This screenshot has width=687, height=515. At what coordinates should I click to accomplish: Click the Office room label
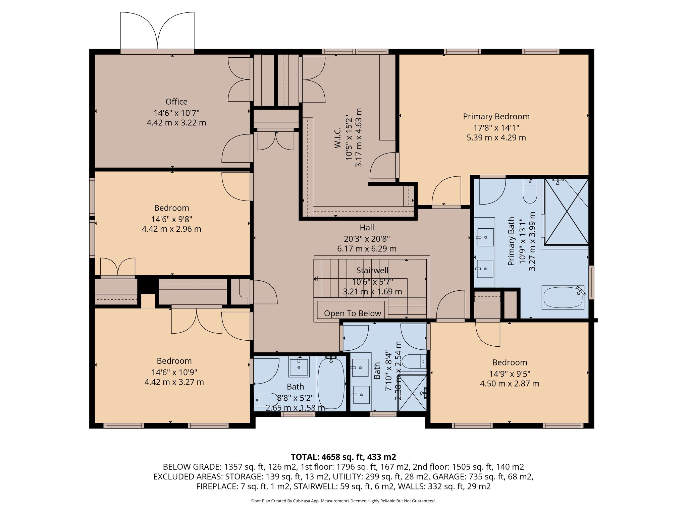tap(176, 102)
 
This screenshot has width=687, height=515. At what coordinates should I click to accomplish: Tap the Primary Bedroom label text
tap(496, 116)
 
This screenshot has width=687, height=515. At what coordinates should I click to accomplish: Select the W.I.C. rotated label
tap(337, 137)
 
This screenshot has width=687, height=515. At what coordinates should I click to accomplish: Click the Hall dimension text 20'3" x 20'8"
tap(367, 239)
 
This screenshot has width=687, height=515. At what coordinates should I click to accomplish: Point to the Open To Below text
tap(353, 313)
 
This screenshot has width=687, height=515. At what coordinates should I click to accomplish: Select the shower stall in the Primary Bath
tap(566, 212)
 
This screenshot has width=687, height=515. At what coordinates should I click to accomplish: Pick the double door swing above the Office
tap(157, 31)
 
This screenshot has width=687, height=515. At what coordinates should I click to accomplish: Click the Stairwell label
tap(372, 270)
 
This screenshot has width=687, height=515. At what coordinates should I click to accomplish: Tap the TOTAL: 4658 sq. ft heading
tap(343, 457)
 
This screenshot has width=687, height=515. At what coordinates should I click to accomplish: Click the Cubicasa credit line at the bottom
tap(343, 501)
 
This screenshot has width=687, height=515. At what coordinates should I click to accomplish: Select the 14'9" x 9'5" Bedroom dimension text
tap(510, 374)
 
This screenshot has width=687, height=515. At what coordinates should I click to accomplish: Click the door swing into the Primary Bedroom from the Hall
tap(446, 191)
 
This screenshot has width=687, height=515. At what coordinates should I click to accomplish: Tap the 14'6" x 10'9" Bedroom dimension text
tap(174, 372)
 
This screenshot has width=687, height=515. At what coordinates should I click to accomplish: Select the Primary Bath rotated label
tap(511, 241)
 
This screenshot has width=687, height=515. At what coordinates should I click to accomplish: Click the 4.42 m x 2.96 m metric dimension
tap(171, 229)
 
